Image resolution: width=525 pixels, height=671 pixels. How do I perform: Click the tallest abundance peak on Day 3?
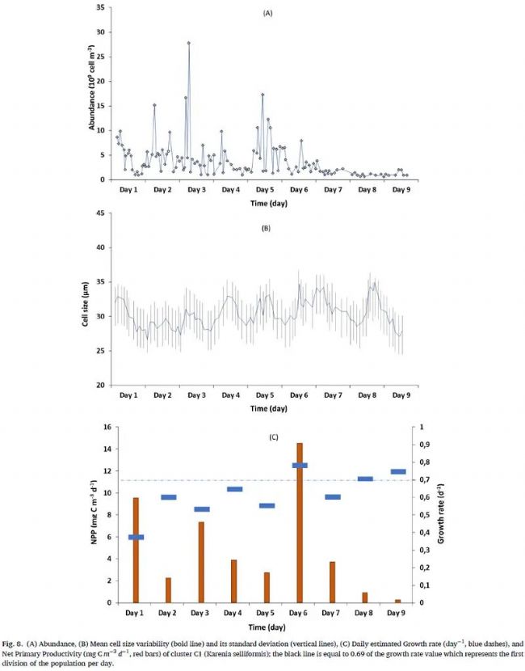click(189, 43)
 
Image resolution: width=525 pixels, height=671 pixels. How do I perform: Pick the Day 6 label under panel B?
click(299, 397)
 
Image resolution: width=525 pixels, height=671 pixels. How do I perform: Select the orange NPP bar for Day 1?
click(136, 550)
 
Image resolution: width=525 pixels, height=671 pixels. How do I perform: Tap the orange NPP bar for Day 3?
click(201, 562)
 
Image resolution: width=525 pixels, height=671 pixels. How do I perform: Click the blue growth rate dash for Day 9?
click(397, 471)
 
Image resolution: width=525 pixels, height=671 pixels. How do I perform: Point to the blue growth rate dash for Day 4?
click(234, 489)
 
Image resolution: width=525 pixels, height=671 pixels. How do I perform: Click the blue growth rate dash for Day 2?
click(168, 497)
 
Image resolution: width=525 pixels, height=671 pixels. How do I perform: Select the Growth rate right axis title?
click(443, 514)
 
